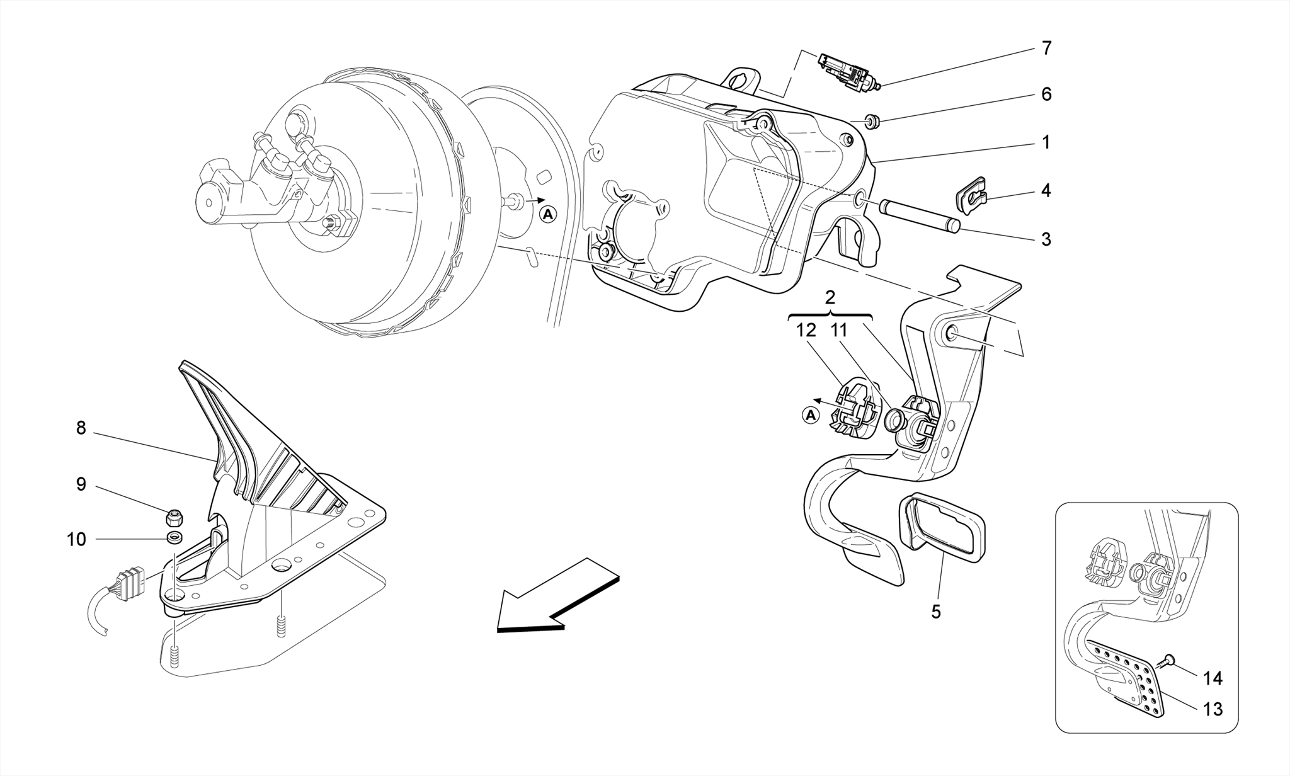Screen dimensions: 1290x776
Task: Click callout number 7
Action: [x=1046, y=48]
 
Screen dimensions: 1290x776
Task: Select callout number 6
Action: [x=1046, y=94]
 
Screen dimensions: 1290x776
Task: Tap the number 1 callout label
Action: [x=1046, y=143]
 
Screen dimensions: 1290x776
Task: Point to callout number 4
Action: [x=1046, y=191]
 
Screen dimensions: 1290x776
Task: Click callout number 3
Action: [x=1046, y=239]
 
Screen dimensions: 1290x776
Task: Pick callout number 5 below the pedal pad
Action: [x=936, y=612]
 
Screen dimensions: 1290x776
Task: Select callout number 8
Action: [x=81, y=428]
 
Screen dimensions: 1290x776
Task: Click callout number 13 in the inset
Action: [x=1213, y=709]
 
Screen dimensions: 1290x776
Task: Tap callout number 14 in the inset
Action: [x=1213, y=678]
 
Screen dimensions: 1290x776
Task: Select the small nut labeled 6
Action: [x=873, y=120]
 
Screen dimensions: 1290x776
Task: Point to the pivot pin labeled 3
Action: [x=921, y=216]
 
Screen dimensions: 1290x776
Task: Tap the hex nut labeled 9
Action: [x=173, y=518]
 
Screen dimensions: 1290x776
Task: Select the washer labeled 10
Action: [x=174, y=537]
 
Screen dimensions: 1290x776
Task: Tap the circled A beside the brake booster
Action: [x=549, y=215]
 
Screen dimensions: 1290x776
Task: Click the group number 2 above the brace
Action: [x=830, y=297]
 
